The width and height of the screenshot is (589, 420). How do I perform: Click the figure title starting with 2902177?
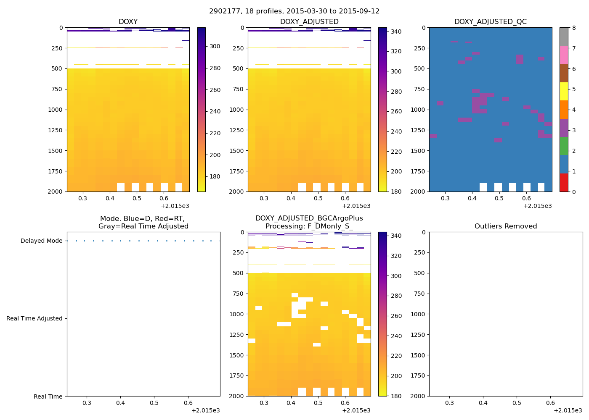point(294,11)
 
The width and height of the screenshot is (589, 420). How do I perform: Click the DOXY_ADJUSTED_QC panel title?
point(490,22)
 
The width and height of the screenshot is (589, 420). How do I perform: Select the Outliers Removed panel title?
point(505,226)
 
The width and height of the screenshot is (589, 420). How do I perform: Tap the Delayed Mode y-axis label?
point(41,241)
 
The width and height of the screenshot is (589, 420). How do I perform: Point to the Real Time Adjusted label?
point(34,319)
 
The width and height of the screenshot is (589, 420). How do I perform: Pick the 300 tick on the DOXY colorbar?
point(215,47)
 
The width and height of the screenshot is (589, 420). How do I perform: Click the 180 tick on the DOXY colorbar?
point(215,177)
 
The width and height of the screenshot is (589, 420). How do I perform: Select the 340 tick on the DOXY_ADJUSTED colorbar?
point(396,32)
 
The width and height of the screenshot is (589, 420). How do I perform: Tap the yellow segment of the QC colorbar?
point(564,91)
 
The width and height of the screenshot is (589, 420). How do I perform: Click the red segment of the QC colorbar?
point(564,182)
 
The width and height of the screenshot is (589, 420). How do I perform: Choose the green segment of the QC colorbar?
point(564,146)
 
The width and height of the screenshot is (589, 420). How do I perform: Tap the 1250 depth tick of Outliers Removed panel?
point(418,335)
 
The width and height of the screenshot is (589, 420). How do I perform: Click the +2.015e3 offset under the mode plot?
point(205,410)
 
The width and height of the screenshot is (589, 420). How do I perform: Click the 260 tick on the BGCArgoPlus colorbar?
point(396,316)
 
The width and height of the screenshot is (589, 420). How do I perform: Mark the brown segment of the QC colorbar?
point(564,73)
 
